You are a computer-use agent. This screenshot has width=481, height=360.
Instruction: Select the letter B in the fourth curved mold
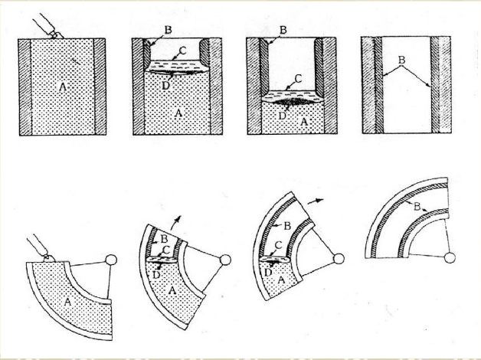(416, 206)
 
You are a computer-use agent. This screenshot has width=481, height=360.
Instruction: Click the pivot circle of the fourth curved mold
(452, 258)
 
